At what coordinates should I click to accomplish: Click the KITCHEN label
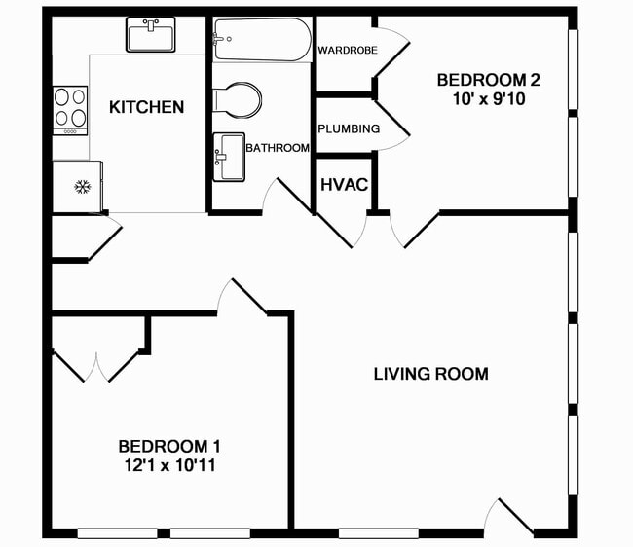146,107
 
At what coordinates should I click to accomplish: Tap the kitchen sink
150,36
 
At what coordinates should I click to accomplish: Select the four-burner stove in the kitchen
69,110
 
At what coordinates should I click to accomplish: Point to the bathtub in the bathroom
262,40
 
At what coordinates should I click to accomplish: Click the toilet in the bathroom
239,99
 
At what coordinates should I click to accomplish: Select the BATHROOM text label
278,148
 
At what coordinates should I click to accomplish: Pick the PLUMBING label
349,128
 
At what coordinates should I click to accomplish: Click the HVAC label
344,184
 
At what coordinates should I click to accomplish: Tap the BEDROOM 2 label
488,80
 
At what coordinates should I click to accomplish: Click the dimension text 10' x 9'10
488,98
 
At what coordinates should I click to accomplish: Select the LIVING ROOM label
430,374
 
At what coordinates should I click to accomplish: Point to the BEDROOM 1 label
169,446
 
